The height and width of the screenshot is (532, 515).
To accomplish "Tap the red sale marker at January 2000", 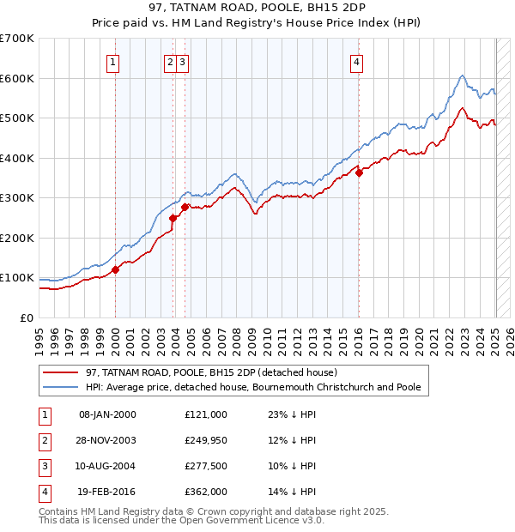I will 115,269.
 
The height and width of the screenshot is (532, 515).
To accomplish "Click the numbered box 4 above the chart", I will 356,62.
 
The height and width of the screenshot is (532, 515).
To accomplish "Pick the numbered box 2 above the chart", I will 170,62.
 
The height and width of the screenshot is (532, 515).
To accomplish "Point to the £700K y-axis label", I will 17,39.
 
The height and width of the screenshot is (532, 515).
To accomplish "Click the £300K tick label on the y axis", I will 17,198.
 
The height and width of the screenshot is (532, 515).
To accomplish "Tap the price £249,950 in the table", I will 205,440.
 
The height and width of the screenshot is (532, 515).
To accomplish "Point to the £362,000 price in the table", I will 205,492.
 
